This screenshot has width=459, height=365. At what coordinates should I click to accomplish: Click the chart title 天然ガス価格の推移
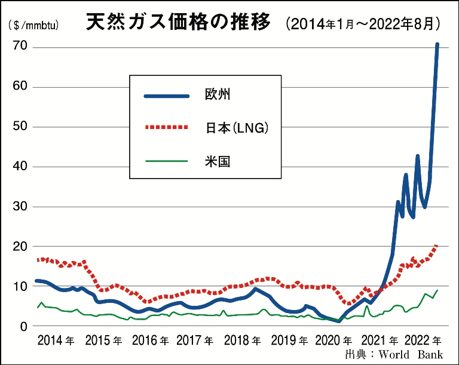pos(179,24)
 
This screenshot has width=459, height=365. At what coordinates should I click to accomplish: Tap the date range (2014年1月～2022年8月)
pos(364,24)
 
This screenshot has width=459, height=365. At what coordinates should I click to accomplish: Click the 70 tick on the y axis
pos(20,47)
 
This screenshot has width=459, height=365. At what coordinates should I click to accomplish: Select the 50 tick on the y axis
pos(20,127)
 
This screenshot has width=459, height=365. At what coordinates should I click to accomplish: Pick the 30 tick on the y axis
pos(20,207)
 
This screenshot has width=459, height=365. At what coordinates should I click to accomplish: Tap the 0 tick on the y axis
pos(24,326)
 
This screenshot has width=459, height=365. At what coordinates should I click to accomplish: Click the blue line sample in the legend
pos(167,95)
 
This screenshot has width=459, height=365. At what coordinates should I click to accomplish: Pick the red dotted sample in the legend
pos(167,128)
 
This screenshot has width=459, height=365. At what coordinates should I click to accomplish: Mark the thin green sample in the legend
pos(167,160)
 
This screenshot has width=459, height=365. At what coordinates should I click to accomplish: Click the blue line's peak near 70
pos(437,44)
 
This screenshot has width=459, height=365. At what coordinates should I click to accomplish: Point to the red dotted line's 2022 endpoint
pos(437,245)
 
